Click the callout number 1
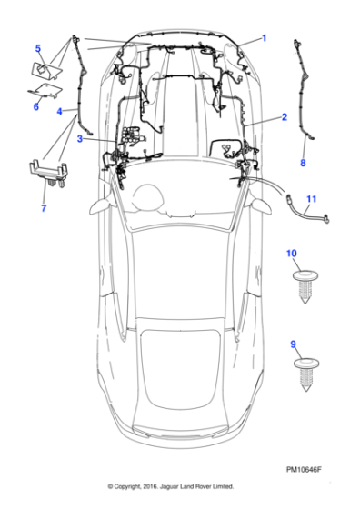pyautogui.click(x=265, y=38)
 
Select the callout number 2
pyautogui.click(x=285, y=117)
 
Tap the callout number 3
pyautogui.click(x=80, y=139)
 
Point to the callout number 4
pyautogui.click(x=59, y=112)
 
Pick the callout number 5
pyautogui.click(x=38, y=49)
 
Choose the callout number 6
pyautogui.click(x=36, y=106)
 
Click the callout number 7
pyautogui.click(x=44, y=208)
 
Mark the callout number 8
pyautogui.click(x=303, y=163)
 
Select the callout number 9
pyautogui.click(x=293, y=344)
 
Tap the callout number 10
pyautogui.click(x=292, y=254)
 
